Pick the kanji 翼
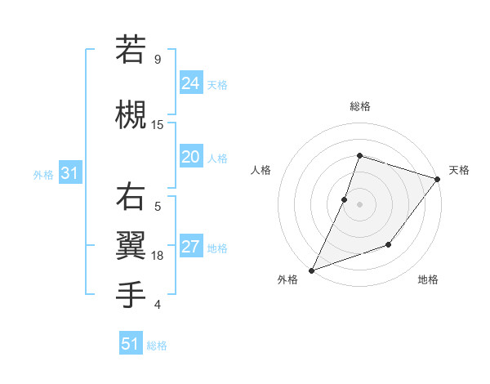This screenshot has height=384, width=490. [x=131, y=245]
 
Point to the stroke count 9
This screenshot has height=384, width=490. [x=157, y=60]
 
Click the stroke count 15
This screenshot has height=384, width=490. [x=158, y=125]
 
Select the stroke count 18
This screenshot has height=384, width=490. [x=158, y=256]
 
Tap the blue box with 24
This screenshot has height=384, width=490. [x=191, y=83]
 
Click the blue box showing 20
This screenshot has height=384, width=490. [x=191, y=157]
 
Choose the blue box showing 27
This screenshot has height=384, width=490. [x=191, y=247]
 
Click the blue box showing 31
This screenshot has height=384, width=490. [x=69, y=173]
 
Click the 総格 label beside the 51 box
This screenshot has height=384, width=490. [x=157, y=346]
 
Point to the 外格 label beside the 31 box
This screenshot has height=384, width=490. [x=43, y=174]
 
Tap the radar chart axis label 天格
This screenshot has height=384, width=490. [x=459, y=170]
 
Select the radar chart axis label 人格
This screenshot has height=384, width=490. [x=261, y=170]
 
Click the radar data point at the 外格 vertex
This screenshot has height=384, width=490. [x=311, y=270]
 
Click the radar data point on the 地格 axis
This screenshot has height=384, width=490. [x=389, y=244]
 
